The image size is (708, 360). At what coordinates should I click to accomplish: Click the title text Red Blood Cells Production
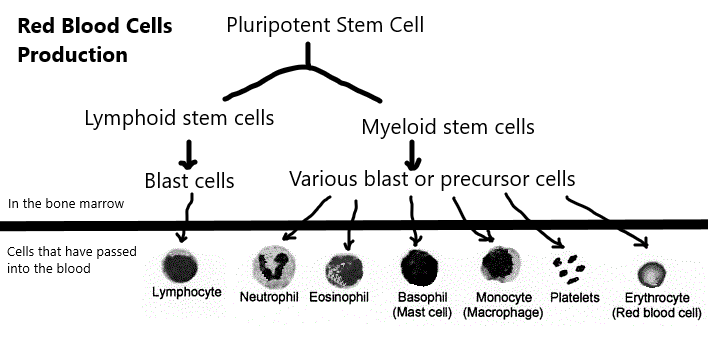pos(94,40)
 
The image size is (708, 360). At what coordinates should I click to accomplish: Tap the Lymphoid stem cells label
pos(178,119)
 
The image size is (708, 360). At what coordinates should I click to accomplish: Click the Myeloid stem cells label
pos(447,127)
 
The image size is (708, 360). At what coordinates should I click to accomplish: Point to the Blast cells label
pos(189,181)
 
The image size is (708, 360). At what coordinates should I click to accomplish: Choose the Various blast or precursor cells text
pos(432,180)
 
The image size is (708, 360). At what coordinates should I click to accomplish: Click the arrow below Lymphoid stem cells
pos(186,153)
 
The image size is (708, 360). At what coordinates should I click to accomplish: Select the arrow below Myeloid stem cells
pos(411,155)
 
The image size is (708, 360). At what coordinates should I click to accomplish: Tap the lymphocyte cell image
pos(182,267)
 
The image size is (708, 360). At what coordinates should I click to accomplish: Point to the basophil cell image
pos(418,269)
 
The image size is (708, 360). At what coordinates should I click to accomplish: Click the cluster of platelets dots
pos(571,267)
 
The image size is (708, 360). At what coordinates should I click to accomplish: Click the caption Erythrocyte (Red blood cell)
pos(656,305)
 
